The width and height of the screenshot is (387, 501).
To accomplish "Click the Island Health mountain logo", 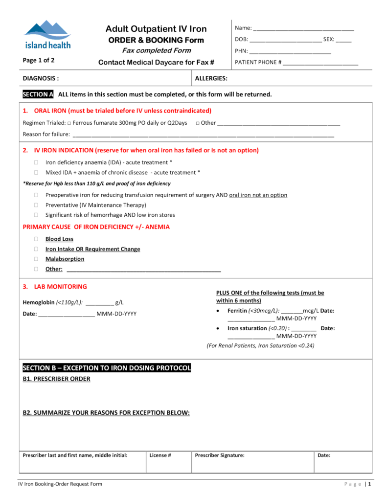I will (x=47, y=35).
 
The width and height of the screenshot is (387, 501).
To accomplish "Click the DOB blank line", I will (x=285, y=41).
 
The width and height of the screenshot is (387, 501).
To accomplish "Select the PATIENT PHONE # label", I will (x=258, y=63).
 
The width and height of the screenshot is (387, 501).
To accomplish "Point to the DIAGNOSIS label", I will (x=41, y=78).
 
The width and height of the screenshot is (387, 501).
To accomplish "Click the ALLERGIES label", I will (x=211, y=78).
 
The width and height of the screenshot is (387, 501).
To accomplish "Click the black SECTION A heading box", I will (x=38, y=94).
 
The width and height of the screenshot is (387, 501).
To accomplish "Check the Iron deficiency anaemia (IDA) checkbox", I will (x=36, y=162).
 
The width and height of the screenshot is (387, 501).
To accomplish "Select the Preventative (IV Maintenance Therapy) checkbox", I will (x=36, y=205).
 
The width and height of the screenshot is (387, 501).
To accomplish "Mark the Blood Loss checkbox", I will (x=36, y=239).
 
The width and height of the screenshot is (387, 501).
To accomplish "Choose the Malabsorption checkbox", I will (x=36, y=259).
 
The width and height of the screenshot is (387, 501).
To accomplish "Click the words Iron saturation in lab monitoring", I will (x=247, y=328).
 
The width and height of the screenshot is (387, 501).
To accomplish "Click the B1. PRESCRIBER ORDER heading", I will (x=56, y=379).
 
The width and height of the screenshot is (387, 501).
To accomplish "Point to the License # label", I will (x=160, y=455).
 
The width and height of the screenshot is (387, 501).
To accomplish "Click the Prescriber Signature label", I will (x=220, y=455).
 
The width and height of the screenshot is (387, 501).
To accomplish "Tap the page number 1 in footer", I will (x=370, y=484).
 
